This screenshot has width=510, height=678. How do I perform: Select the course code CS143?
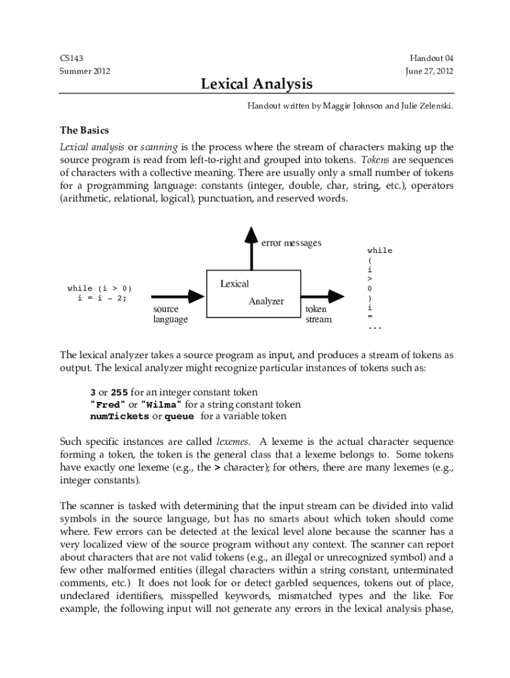72,58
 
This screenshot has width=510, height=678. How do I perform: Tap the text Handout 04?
431,58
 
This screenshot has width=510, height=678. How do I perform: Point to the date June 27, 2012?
429,71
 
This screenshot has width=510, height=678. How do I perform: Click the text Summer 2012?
85,71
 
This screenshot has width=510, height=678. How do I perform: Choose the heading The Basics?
84,130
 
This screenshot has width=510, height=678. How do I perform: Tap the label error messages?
291,243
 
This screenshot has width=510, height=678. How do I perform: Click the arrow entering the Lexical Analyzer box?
178,295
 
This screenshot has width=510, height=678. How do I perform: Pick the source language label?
170,315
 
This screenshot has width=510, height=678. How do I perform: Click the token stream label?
318,315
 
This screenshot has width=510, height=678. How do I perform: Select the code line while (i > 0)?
99,288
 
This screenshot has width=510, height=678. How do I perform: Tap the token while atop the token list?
380,250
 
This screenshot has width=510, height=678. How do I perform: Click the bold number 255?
119,393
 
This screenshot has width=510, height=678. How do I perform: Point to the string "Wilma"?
162,405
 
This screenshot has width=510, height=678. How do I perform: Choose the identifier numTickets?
119,416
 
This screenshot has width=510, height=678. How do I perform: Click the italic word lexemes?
233,441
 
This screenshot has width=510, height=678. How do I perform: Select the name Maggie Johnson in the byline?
353,105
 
